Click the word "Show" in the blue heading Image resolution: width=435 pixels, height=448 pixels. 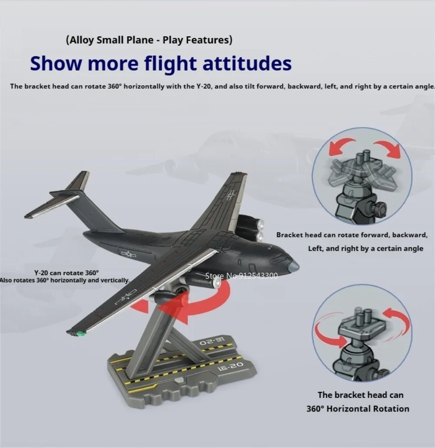tap(56, 63)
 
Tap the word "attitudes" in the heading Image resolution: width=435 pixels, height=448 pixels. tap(247, 63)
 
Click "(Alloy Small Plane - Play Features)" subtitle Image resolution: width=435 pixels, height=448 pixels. tap(149, 40)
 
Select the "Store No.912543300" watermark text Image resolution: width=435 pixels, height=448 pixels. tap(241, 276)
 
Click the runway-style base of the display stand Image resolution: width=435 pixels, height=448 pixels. tap(182, 368)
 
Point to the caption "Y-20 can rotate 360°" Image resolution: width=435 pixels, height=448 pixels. tap(66, 273)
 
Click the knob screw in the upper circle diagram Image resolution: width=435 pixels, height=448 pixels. tap(378, 207)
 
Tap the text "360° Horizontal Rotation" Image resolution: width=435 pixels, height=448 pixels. tap(358, 408)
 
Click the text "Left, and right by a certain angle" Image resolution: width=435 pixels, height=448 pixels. tap(365, 248)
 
